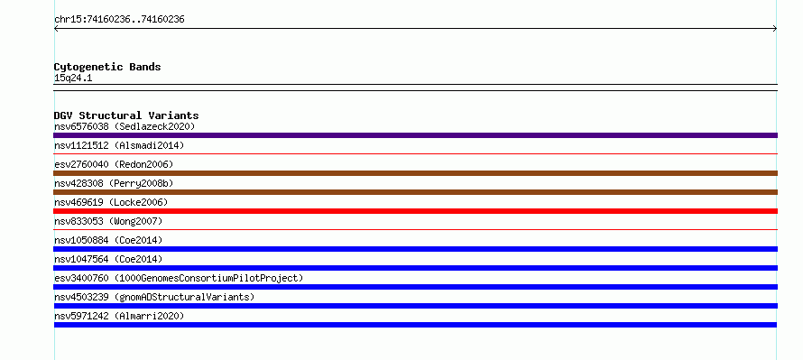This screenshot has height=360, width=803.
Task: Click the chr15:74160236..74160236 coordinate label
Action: tap(119, 20)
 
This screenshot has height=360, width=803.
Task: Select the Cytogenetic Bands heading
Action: tap(107, 67)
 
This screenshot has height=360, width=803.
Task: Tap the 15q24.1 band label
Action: tap(73, 78)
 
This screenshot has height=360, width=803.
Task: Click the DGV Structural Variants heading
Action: tap(126, 115)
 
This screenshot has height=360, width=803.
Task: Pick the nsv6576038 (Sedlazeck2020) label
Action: tap(125, 126)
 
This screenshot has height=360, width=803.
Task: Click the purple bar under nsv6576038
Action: tap(415, 135)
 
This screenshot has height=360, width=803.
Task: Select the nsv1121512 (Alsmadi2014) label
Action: tap(119, 145)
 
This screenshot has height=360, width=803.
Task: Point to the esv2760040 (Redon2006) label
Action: tap(114, 164)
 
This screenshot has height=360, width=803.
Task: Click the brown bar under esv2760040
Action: tap(415, 173)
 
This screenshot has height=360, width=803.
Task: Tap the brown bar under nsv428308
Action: tap(415, 192)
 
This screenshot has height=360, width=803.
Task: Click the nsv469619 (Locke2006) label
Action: tap(111, 202)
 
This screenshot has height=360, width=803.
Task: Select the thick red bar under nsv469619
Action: tap(415, 211)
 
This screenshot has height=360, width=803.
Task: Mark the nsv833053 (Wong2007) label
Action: tap(108, 221)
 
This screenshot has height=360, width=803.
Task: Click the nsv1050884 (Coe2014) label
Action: tap(108, 240)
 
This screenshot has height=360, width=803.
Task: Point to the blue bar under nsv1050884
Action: tap(415, 249)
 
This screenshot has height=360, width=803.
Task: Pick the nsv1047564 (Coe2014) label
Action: tap(108, 259)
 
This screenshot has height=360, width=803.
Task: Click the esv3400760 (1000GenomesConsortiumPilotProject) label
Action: tap(179, 278)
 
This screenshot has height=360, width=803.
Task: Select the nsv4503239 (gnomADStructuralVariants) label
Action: tap(154, 297)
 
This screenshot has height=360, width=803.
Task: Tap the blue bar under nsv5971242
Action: tap(415, 325)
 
